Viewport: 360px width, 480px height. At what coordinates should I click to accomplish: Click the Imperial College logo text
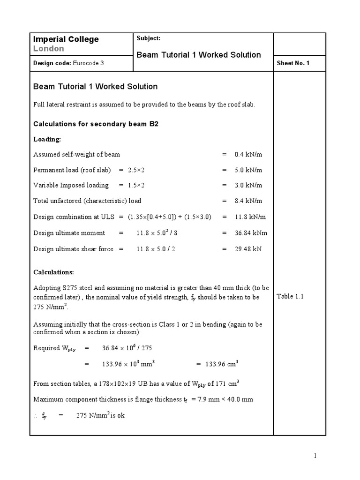click(65, 39)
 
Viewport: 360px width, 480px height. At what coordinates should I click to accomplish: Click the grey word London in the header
click(49, 49)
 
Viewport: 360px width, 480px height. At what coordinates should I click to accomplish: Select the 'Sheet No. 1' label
click(293, 63)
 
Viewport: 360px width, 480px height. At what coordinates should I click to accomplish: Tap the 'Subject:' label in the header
click(148, 38)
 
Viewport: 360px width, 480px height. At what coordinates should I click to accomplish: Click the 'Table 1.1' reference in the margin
click(290, 296)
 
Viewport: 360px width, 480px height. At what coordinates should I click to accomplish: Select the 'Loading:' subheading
click(47, 139)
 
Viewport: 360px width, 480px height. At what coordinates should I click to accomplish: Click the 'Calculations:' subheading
click(53, 272)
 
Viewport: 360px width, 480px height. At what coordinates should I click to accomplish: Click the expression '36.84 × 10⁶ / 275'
click(127, 348)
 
